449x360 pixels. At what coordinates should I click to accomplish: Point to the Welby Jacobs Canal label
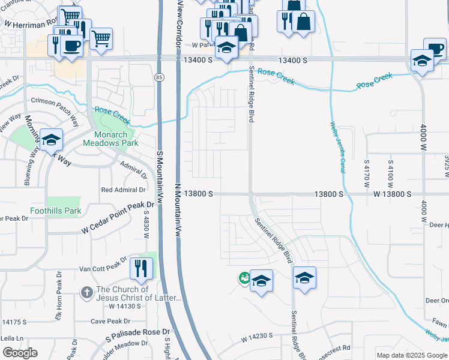pos(338,146)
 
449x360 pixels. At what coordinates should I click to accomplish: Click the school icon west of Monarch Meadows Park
pos(52,140)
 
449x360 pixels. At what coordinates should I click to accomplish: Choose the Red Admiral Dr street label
pos(124,190)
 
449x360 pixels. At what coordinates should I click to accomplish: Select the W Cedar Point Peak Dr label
pos(118,218)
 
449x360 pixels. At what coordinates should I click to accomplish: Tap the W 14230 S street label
pos(258,337)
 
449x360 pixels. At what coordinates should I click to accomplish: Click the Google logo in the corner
pos(20,353)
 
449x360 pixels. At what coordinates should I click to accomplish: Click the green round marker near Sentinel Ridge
pos(244,278)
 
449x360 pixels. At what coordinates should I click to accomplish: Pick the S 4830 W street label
pos(145,229)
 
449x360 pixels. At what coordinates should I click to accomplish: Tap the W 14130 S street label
pos(124,306)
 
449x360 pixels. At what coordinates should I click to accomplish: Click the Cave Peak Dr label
pos(106,321)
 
